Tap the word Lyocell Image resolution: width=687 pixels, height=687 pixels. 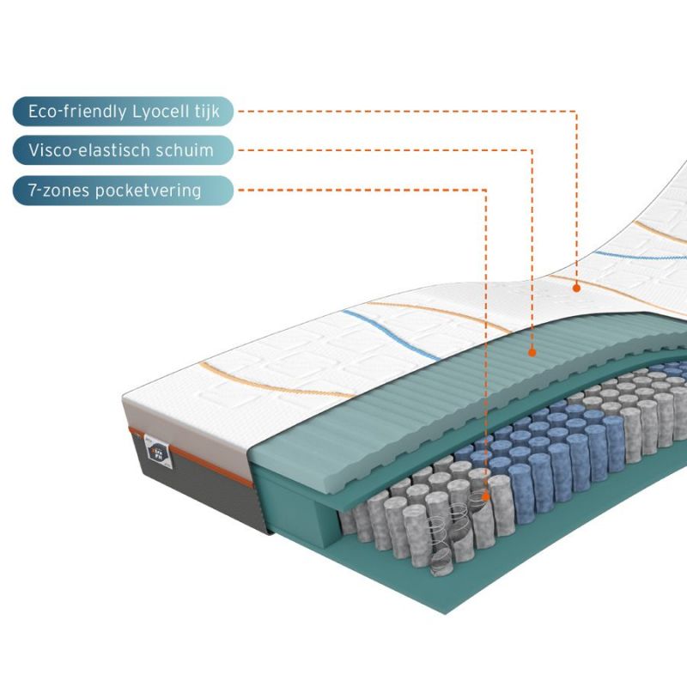click(x=154, y=112)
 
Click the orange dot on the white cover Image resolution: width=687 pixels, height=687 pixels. click(x=577, y=288)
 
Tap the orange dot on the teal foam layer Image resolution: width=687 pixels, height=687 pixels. click(x=532, y=351)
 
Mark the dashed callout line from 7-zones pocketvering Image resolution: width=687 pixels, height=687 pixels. click(x=486, y=343)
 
